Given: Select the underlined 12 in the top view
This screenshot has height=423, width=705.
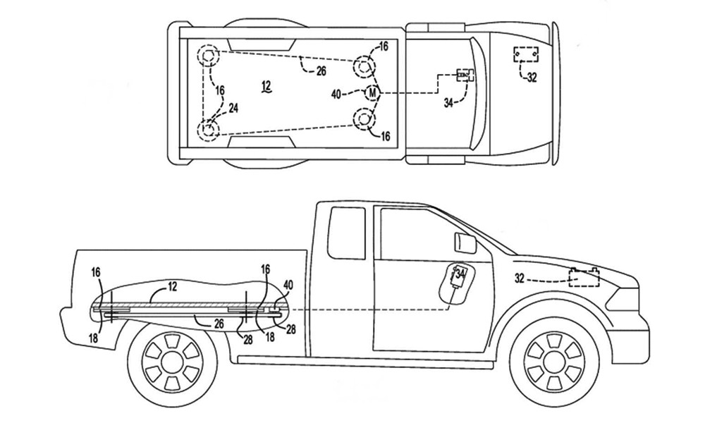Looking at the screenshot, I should point(266,86).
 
